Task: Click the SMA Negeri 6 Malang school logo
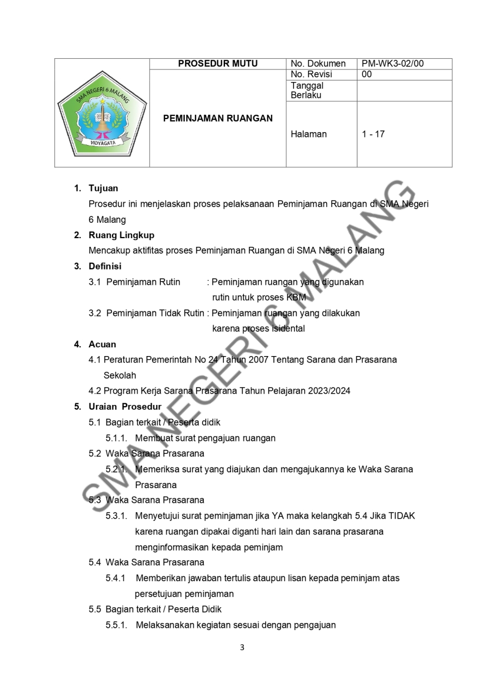[x=102, y=113]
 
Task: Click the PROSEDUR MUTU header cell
[x=218, y=64]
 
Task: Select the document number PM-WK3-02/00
[x=393, y=64]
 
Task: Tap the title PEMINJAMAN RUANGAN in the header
[x=218, y=118]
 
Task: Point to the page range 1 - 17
[x=373, y=134]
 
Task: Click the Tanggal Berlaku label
[x=307, y=90]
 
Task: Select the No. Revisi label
[x=311, y=74]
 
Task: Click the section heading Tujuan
[x=103, y=188]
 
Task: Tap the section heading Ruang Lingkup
[x=121, y=235]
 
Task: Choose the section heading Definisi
[x=105, y=266]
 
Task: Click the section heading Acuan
[x=102, y=344]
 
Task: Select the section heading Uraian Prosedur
[x=125, y=407]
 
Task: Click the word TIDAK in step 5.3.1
[x=402, y=515]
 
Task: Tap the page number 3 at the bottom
[x=242, y=647]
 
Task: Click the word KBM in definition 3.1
[x=296, y=297]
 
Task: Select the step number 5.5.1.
[x=116, y=625]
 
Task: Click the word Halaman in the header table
[x=309, y=134]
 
